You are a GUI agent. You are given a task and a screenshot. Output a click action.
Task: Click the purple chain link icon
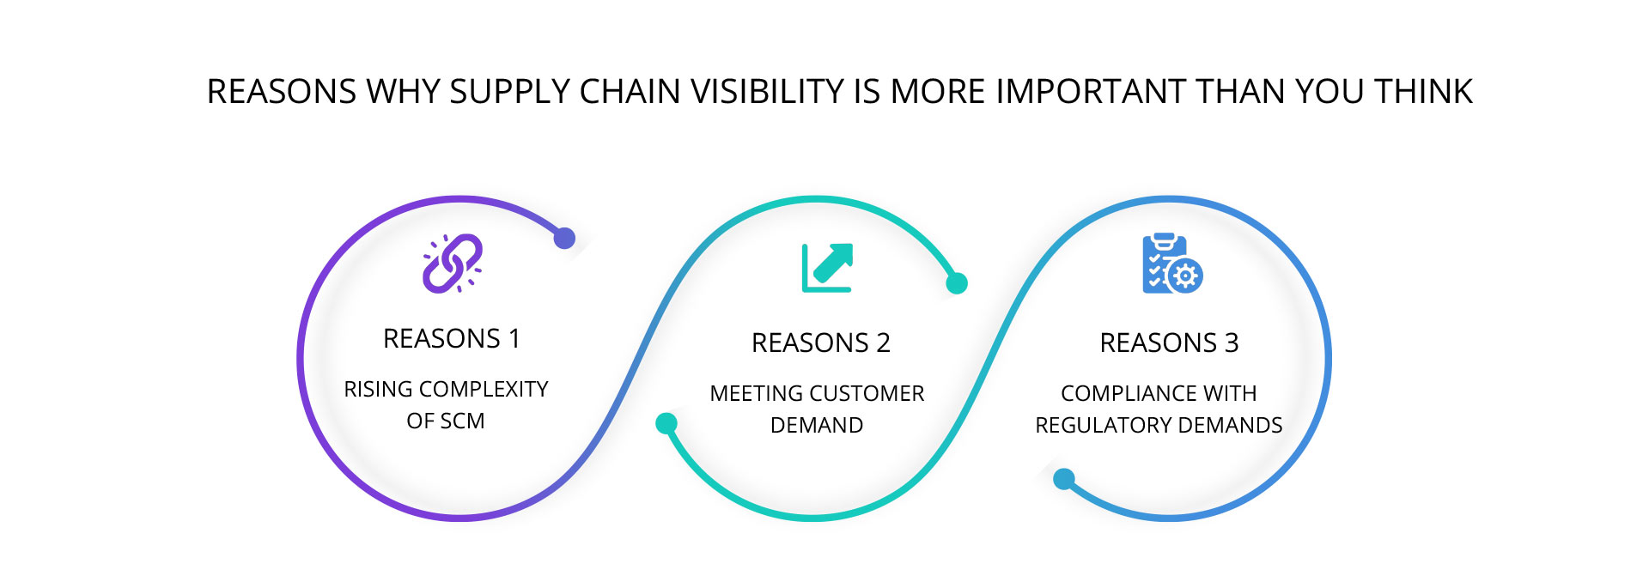coord(452,263)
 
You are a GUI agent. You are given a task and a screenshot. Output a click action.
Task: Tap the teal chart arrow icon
coord(827,268)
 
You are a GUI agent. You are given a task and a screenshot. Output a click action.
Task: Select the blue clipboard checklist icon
coord(1172,264)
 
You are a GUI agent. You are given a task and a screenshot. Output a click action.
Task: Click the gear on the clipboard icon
coord(1186,276)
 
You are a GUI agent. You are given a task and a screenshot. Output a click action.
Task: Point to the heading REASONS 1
coord(452,339)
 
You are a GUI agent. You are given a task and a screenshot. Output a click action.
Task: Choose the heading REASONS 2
coord(821,343)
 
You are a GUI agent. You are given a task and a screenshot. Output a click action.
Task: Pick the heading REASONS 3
coord(1169,343)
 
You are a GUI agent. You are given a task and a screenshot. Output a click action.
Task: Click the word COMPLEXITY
coord(484,390)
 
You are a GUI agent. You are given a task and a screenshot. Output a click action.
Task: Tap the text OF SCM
coord(446,421)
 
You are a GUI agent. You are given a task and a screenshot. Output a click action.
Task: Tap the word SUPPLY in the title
coord(509,92)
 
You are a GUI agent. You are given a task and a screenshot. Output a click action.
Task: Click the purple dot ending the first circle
coord(564,238)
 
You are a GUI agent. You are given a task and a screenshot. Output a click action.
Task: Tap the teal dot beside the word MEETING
coord(666,423)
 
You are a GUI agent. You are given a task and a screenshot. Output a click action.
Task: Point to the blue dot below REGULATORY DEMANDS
coord(1064,479)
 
